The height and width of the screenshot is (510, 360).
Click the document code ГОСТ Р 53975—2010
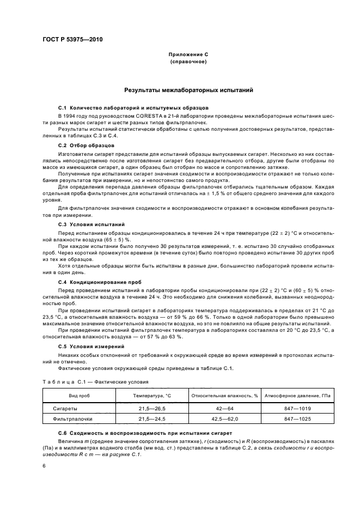pos(72,41)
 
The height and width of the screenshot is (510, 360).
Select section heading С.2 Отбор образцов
pos(86,146)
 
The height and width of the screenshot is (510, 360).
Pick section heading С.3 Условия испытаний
pos(91,224)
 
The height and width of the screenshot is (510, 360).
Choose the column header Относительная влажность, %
pos(224,394)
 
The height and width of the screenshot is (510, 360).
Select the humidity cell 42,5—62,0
pos(224,420)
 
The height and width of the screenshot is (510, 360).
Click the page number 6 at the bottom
pos(44,466)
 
